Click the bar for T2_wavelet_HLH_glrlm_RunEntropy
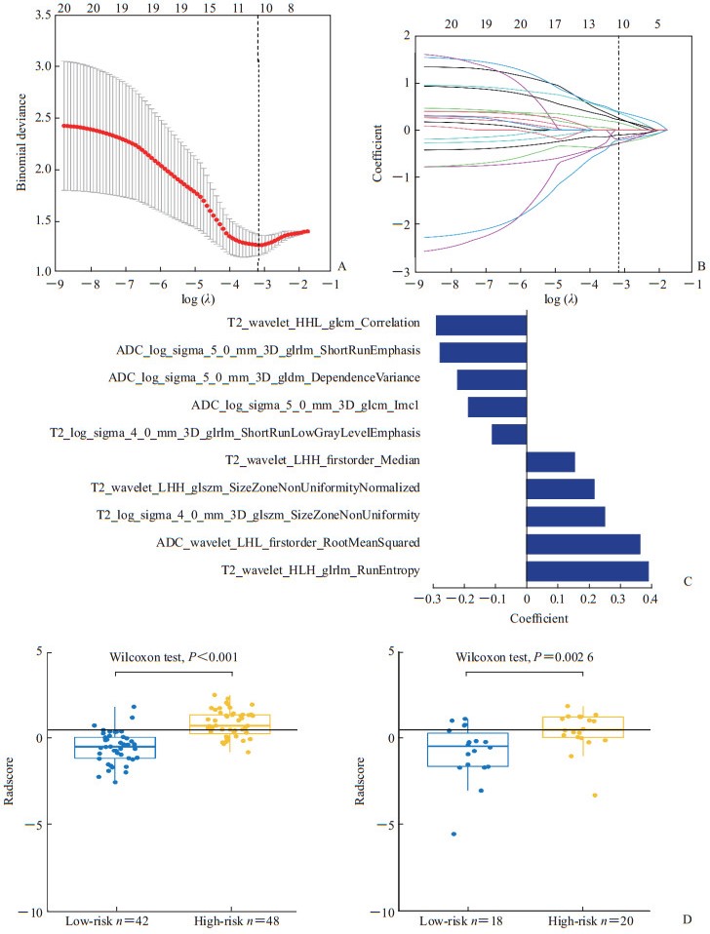tap(587, 571)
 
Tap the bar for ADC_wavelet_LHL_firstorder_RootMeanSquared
tap(583, 544)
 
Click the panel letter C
tap(688, 582)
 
